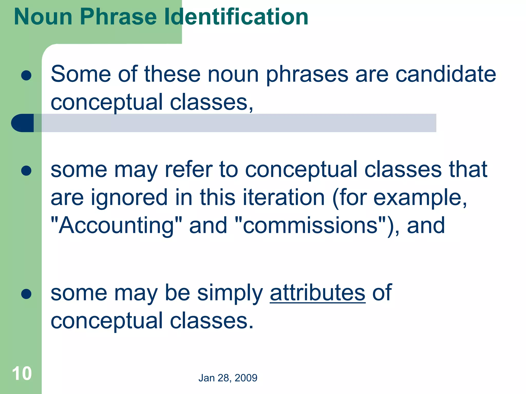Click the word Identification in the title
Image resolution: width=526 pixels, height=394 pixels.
click(x=236, y=17)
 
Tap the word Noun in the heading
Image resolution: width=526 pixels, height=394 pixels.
click(x=43, y=17)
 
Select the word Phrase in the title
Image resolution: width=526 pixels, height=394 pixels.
click(x=118, y=17)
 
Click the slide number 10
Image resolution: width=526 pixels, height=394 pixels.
click(x=22, y=373)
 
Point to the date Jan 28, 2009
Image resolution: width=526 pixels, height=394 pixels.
click(x=228, y=378)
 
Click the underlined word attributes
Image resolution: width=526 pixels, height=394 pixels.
click(x=317, y=293)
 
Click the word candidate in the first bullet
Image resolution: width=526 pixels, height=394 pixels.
click(x=446, y=74)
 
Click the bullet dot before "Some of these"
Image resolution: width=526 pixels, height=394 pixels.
click(x=26, y=76)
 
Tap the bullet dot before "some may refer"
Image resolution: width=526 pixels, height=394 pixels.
click(x=26, y=171)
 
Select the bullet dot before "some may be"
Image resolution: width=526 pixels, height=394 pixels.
click(x=26, y=294)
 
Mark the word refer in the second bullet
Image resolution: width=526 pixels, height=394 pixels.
click(x=189, y=170)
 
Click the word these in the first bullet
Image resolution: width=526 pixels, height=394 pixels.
click(x=172, y=74)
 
